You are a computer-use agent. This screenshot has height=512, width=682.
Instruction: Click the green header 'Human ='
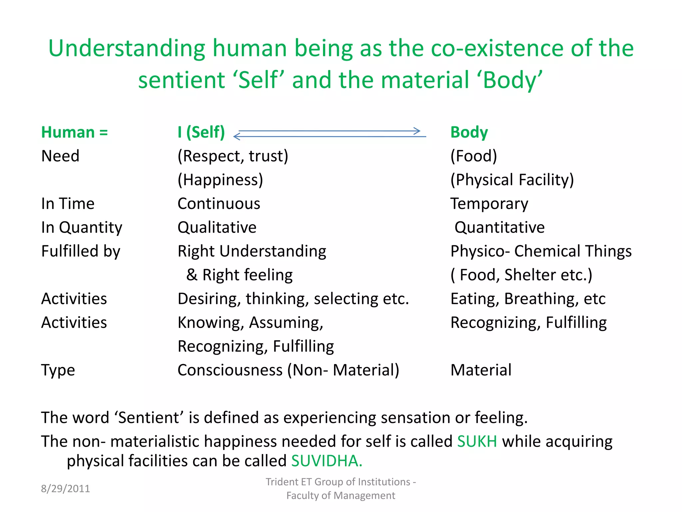click(x=74, y=132)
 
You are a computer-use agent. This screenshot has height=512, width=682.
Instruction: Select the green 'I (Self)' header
click(x=201, y=132)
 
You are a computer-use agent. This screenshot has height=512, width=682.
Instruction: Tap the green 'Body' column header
click(x=469, y=132)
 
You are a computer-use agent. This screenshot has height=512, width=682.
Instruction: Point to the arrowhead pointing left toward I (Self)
click(x=237, y=136)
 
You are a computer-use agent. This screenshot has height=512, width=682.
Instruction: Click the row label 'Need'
click(x=60, y=156)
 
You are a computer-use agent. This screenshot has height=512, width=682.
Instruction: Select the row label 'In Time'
click(x=68, y=204)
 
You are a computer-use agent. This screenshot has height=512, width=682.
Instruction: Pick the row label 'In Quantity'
click(x=82, y=228)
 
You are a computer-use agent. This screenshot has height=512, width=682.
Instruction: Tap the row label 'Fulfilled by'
click(x=81, y=251)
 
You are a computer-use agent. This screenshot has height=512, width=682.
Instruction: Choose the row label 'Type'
click(x=58, y=370)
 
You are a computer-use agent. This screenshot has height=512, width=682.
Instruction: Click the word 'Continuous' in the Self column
click(x=219, y=204)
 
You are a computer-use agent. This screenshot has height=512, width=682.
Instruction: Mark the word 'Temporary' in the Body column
click(x=489, y=204)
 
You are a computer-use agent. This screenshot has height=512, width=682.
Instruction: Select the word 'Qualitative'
click(x=217, y=228)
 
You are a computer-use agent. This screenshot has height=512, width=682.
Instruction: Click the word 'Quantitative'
click(x=500, y=228)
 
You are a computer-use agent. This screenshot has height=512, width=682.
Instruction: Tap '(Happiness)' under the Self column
click(x=220, y=180)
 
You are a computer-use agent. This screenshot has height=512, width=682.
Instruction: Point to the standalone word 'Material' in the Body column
click(x=481, y=370)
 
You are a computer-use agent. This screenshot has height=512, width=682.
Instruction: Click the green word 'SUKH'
click(x=477, y=441)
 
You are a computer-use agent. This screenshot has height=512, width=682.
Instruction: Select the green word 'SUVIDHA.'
click(x=327, y=461)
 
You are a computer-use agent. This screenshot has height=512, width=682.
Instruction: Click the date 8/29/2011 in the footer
click(x=65, y=489)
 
